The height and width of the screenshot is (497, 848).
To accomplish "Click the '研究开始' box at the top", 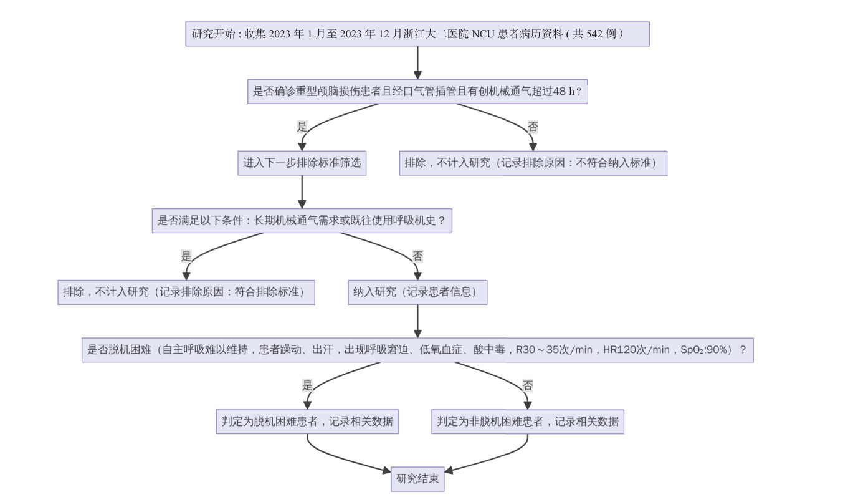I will [x=417, y=34].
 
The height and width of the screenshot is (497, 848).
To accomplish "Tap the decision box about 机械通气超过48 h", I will [x=417, y=92].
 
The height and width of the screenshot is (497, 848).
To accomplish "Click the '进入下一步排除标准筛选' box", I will [x=302, y=163].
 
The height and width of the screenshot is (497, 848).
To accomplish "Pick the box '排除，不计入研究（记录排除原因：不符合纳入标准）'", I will [x=533, y=163].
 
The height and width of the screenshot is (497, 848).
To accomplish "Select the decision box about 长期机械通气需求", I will [x=302, y=221].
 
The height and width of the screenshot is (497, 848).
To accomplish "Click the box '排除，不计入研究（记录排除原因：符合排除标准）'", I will [x=186, y=292].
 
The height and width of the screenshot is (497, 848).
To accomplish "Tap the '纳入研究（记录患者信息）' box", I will [x=417, y=292].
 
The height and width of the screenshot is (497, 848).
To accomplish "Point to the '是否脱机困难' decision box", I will [x=417, y=350].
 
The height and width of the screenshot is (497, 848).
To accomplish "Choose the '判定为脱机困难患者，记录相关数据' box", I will [x=307, y=422].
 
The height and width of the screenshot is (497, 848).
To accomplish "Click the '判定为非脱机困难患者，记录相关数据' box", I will [x=528, y=422].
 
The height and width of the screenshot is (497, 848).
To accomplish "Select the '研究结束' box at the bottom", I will [x=417, y=480].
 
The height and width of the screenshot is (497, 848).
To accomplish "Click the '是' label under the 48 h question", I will [x=302, y=127].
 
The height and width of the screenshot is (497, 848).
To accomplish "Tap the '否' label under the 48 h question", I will [x=533, y=127].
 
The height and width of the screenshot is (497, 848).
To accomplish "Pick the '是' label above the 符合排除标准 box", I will [x=186, y=256].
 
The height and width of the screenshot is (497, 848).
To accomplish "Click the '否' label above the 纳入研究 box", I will [x=417, y=256].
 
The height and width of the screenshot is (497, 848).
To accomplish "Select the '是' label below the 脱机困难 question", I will [x=307, y=386].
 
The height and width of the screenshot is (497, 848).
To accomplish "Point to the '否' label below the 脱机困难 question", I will [x=528, y=386].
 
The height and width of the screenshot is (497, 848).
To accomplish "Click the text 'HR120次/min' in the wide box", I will [x=636, y=350].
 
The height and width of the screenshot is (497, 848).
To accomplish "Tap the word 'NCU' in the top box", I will [x=483, y=34].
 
